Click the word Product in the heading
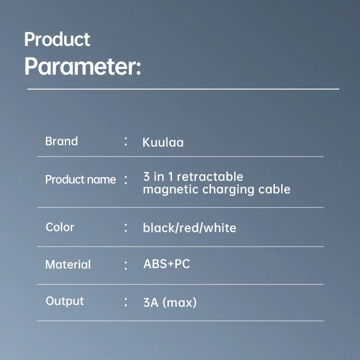coord(57,40)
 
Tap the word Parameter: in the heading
coord(83,66)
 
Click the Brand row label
coord(62,141)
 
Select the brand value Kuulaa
coord(163,143)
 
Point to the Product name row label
coord(81,180)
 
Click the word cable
coord(274,189)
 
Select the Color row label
coord(60,227)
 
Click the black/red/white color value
coord(189,228)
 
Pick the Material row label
coord(68,265)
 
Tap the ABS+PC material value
coord(166,264)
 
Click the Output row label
coord(65,301)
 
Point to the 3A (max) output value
coord(170,302)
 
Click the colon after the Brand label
coord(126,141)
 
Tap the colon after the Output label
coord(126,301)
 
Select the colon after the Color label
coord(126,228)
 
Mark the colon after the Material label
coord(126,265)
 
